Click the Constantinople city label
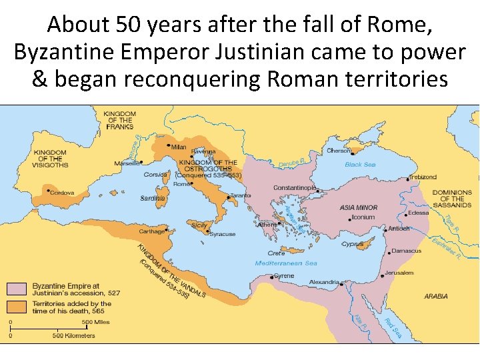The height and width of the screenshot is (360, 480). [294, 187]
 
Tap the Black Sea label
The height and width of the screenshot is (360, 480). [360, 164]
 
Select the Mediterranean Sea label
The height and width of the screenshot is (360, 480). [287, 263]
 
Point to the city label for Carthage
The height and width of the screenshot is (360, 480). [151, 231]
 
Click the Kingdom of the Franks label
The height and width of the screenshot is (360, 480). [119, 121]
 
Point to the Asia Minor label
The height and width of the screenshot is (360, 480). [359, 207]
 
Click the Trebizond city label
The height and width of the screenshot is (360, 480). [423, 177]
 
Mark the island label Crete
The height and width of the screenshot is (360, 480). [276, 253]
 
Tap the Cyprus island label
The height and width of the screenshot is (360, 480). [352, 244]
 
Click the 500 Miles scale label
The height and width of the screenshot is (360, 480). [96, 323]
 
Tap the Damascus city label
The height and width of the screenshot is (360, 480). [407, 251]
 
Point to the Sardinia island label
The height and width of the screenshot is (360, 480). [152, 198]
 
